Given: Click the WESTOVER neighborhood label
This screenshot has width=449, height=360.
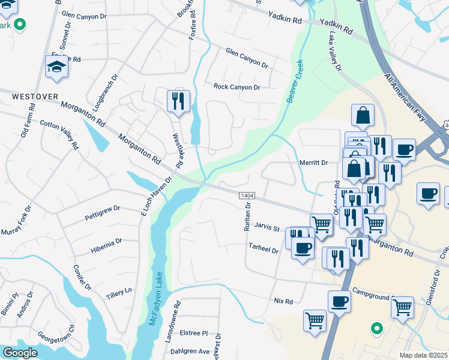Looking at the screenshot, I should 29,96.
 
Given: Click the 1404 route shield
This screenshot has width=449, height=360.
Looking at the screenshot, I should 246,196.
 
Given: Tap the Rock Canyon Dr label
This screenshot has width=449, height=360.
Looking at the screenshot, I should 237,86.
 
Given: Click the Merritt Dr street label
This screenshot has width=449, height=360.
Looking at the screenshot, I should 313,163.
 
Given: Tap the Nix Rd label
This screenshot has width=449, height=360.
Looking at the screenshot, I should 283,301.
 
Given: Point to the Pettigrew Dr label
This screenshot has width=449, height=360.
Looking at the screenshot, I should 102,212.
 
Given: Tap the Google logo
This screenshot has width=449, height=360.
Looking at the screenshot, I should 20,353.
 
